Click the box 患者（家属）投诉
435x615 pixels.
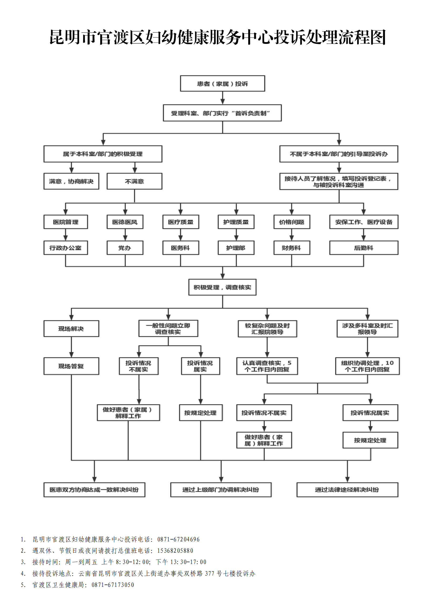pyautogui.click(x=222, y=84)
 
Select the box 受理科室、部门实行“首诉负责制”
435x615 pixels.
pyautogui.click(x=222, y=113)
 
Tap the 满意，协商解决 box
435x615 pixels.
pyautogui.click(x=71, y=181)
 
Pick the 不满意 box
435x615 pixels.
pyautogui.click(x=134, y=181)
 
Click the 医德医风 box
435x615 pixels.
pyautogui.click(x=125, y=222)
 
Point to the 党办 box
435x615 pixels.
pyautogui.click(x=125, y=248)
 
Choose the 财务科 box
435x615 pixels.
pyautogui.click(x=291, y=248)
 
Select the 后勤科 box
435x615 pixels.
pyautogui.click(x=363, y=248)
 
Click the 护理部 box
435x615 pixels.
pyautogui.click(x=236, y=248)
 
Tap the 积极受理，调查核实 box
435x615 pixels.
pyautogui.click(x=222, y=287)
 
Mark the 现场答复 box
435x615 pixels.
pyautogui.click(x=71, y=366)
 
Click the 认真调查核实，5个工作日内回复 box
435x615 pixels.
pyautogui.click(x=267, y=366)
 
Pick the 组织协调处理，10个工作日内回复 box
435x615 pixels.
pyautogui.click(x=367, y=366)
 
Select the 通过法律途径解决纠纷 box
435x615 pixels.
pyautogui.click(x=347, y=490)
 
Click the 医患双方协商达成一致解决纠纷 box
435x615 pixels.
pyautogui.click(x=94, y=490)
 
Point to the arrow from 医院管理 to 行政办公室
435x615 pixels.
pyautogui.click(x=66, y=235)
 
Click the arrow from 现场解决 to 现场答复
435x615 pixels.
pyautogui.click(x=71, y=347)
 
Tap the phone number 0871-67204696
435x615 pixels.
pyautogui.click(x=178, y=539)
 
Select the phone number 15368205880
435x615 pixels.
pyautogui.click(x=175, y=550)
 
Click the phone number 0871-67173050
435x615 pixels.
pyautogui.click(x=113, y=585)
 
